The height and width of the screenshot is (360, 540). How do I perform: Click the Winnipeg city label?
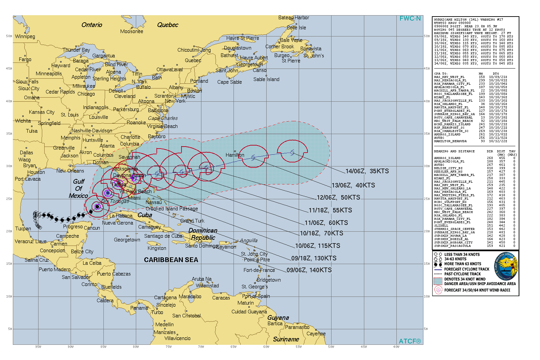tap(25, 36)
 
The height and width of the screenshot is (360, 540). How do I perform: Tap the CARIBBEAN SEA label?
tap(171, 260)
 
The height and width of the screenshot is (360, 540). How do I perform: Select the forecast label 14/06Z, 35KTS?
tap(367, 171)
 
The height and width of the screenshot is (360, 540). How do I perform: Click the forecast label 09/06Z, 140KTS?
tap(309, 270)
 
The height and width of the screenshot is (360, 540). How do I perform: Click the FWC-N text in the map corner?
tap(410, 19)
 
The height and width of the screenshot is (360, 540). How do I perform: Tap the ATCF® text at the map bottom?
tap(410, 341)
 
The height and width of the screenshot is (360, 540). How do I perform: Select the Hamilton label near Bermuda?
tap(235, 155)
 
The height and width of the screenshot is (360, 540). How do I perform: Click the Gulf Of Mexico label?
tap(78, 188)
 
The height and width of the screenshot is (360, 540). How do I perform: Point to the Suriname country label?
tap(286, 339)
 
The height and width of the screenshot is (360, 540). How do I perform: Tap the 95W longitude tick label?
tap(38, 347)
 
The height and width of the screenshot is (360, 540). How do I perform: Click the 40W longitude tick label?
tap(396, 347)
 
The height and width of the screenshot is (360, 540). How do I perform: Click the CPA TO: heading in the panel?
tap(441, 74)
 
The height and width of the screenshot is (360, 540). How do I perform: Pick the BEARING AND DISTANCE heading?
tap(454, 151)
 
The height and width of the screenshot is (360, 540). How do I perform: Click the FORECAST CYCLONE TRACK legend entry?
tap(467, 269)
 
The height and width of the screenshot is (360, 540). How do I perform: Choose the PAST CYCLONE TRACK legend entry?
tap(462, 274)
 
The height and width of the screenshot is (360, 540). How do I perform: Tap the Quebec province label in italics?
tap(168, 25)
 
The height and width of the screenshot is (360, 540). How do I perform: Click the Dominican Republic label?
tap(203, 234)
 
